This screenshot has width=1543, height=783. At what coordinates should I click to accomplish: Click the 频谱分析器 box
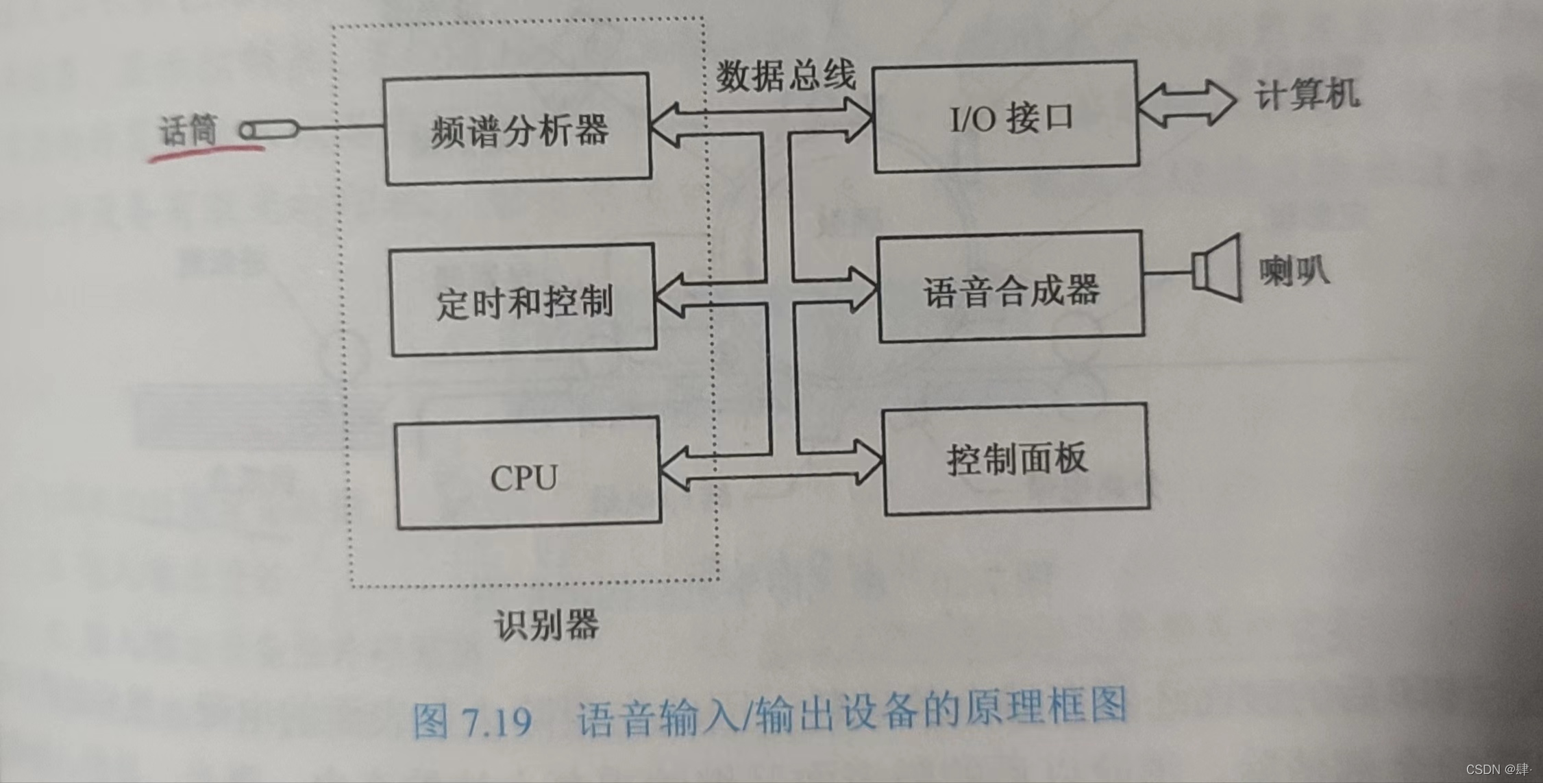[517, 129]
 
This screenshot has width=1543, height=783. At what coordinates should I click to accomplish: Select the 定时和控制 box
[523, 300]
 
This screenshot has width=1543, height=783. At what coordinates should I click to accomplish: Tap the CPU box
[528, 474]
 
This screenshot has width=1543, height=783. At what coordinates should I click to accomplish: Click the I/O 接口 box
[1005, 117]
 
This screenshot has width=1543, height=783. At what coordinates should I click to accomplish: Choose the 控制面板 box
[1016, 458]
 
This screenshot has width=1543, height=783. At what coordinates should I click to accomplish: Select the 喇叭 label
[1294, 270]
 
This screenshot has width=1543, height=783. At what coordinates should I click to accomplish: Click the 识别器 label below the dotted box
[546, 625]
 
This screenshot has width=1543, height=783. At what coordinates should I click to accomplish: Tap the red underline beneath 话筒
[206, 152]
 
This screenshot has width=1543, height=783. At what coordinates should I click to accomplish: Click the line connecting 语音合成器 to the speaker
[1168, 273]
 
